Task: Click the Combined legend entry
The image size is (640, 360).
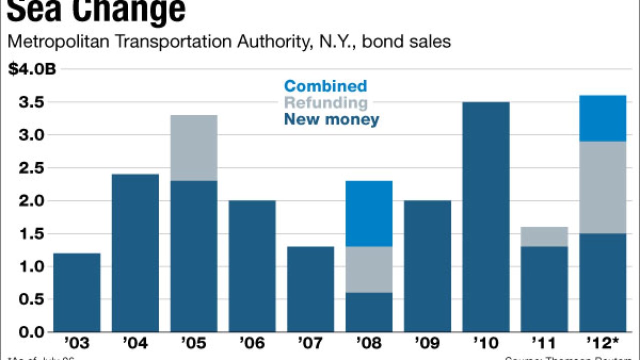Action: pyautogui.click(x=325, y=86)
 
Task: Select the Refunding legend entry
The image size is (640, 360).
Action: pyautogui.click(x=325, y=103)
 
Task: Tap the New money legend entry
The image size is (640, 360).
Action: pyautogui.click(x=331, y=119)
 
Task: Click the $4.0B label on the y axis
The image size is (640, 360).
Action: pyautogui.click(x=32, y=69)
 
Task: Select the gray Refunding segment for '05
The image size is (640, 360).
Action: pyautogui.click(x=193, y=148)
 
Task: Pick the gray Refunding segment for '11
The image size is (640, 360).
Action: pyautogui.click(x=544, y=236)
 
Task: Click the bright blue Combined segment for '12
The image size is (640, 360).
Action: pyautogui.click(x=602, y=118)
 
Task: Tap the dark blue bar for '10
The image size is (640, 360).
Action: pyautogui.click(x=485, y=217)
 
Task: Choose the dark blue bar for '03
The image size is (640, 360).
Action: pyautogui.click(x=76, y=292)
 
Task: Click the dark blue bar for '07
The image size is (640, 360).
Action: pyautogui.click(x=310, y=289)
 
